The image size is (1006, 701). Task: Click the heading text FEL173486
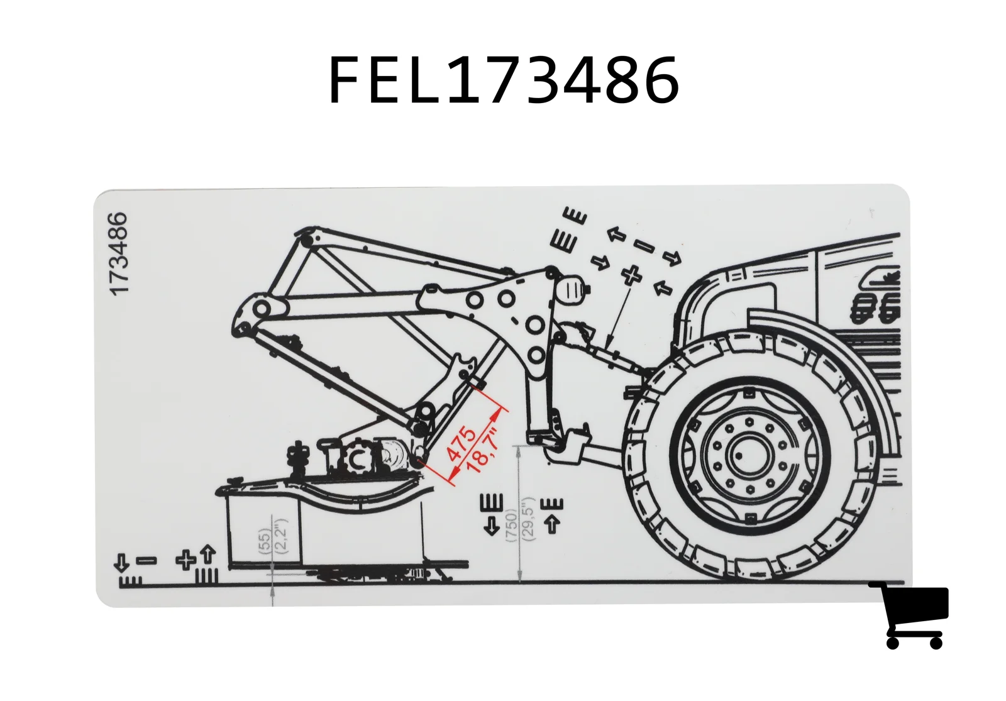(504, 79)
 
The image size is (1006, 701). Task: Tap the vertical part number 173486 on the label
(119, 254)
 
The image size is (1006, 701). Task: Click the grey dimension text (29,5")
(529, 518)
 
